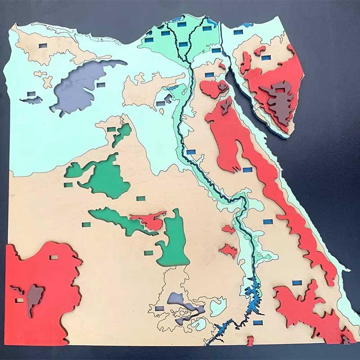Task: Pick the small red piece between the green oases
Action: (x=151, y=220)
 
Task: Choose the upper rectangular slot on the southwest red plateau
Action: (x=54, y=257)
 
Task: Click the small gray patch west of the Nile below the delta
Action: (x=168, y=98)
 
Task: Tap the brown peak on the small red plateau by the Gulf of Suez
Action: (x=222, y=85)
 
